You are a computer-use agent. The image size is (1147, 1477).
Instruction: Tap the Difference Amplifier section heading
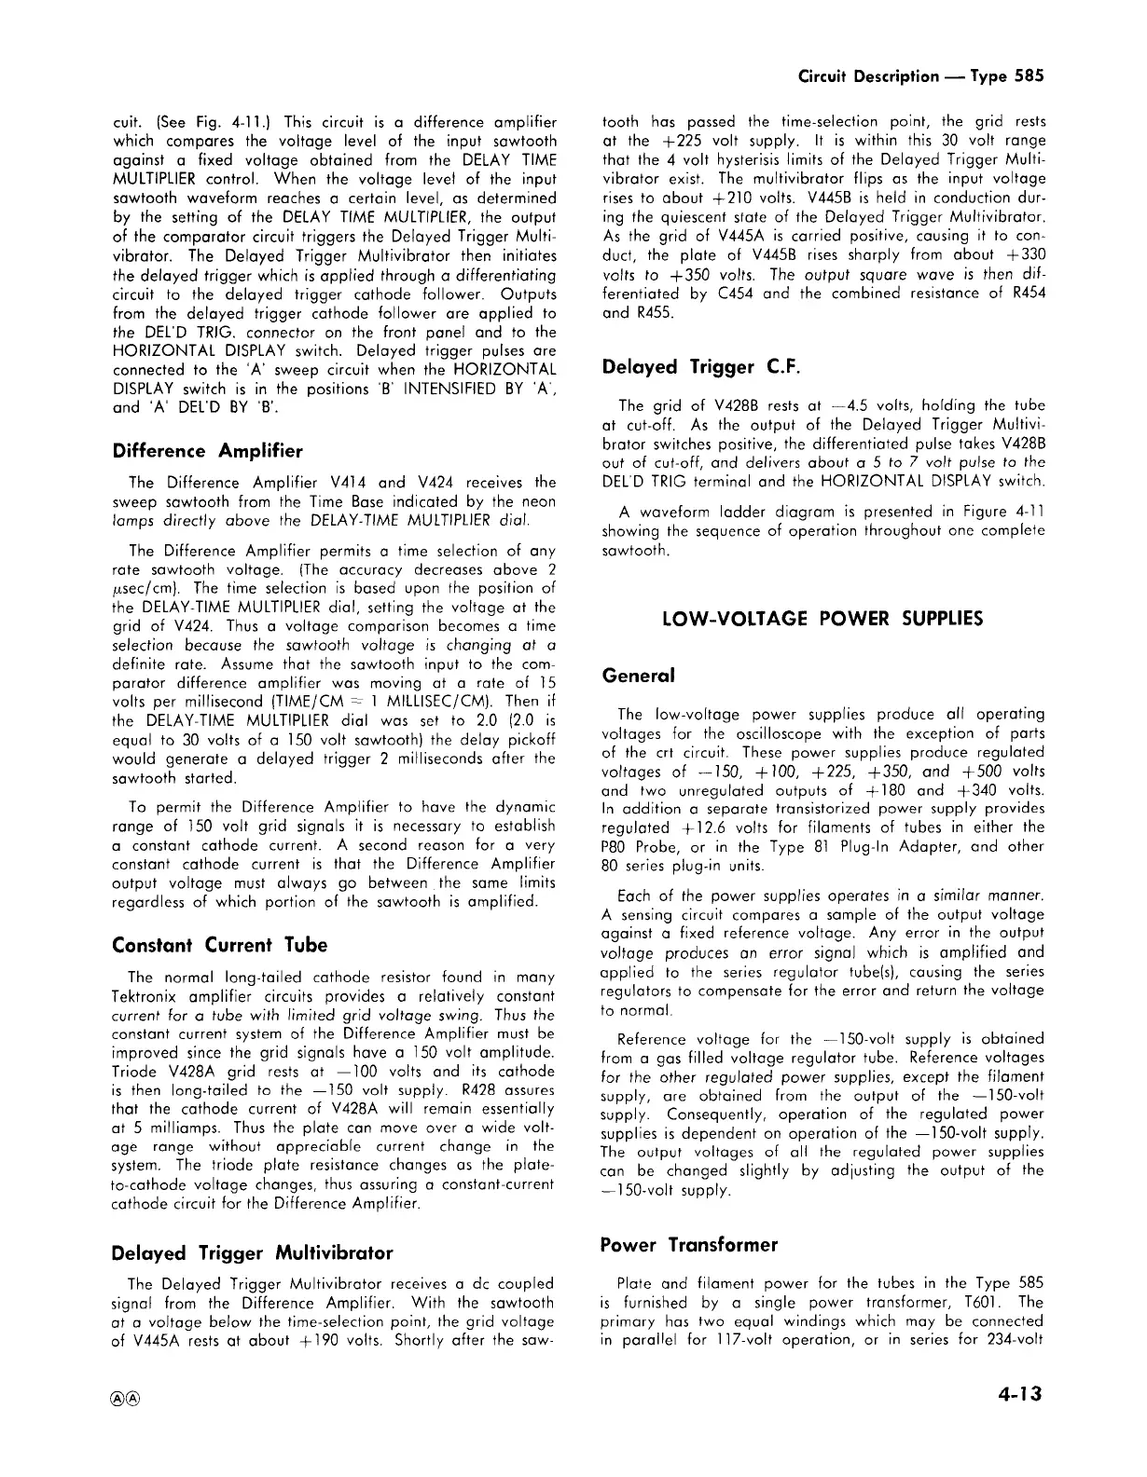coord(207,451)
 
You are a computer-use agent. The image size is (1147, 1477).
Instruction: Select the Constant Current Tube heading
coord(219,945)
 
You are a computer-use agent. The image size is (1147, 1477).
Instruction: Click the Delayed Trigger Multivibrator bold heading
coord(252,1252)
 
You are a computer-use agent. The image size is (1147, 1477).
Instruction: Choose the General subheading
coord(638,675)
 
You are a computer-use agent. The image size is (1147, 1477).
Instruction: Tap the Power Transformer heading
coord(688,1245)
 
